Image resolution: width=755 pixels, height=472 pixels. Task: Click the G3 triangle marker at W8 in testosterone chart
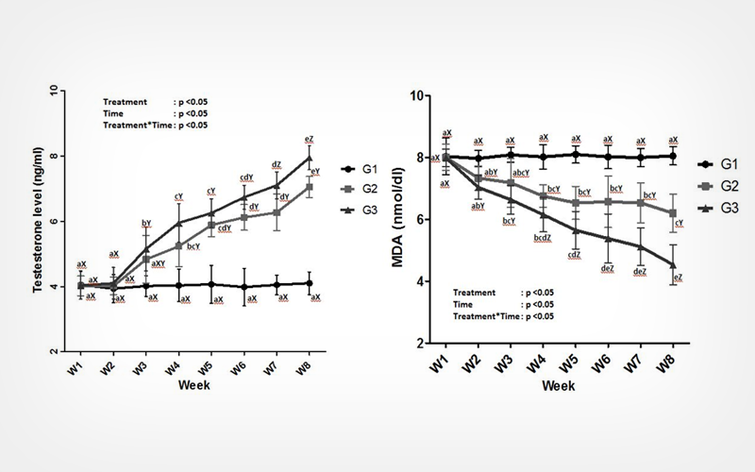coord(310,158)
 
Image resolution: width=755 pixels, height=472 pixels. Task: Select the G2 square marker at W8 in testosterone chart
coord(310,187)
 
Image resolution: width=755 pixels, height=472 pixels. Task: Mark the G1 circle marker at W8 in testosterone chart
coord(310,283)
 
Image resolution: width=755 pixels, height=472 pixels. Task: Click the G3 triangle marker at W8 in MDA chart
coord(673,265)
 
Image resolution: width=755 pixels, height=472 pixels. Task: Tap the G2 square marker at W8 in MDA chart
coord(673,213)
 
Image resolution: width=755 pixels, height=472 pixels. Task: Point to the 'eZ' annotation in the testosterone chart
coord(309,139)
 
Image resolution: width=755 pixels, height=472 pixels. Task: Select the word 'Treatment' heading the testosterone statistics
coord(125,101)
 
